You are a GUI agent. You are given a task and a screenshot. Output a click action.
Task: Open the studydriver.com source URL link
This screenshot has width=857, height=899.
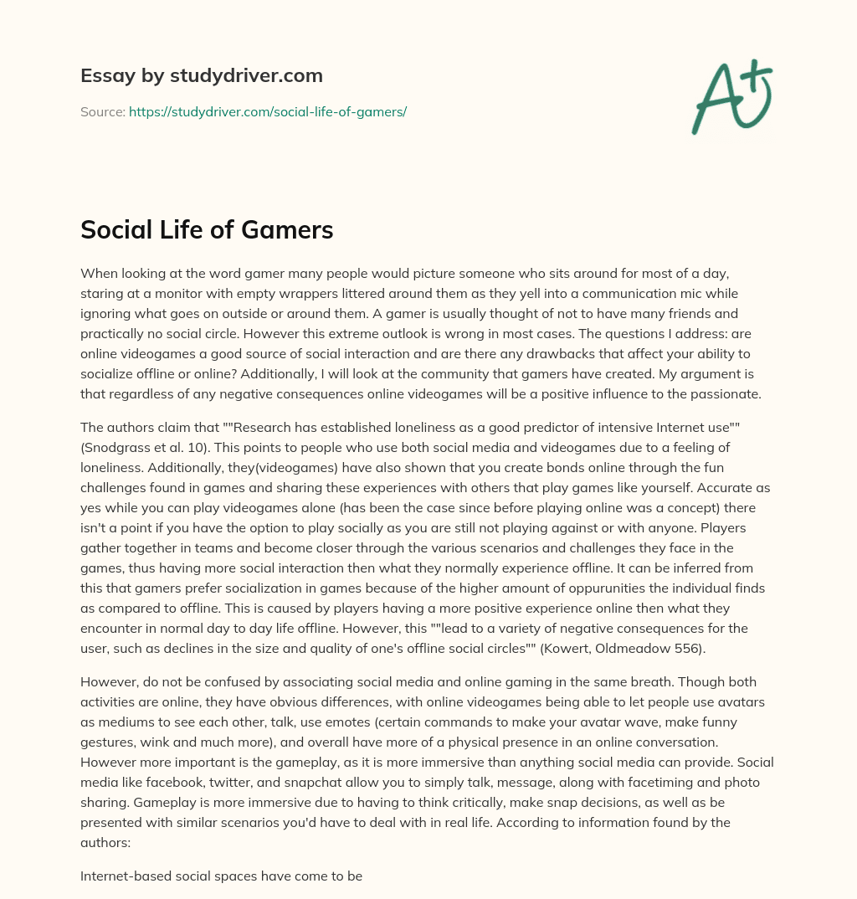coord(268,111)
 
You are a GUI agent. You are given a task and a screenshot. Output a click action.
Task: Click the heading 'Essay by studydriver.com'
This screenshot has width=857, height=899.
coord(202,75)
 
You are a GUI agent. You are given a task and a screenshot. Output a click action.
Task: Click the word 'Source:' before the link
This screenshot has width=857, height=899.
coord(103,111)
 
